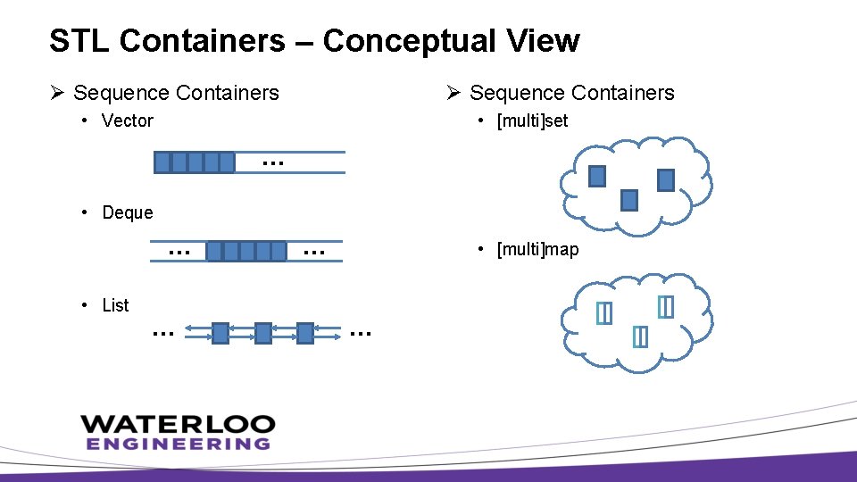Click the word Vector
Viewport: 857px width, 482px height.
(x=128, y=120)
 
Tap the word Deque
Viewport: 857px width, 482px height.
(x=128, y=212)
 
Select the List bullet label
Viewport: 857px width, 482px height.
(x=115, y=305)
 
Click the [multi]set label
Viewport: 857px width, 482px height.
(x=532, y=120)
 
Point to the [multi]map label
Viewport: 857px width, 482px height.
(x=537, y=249)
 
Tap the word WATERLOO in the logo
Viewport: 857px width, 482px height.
(x=178, y=424)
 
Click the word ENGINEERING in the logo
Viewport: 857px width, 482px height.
(x=178, y=443)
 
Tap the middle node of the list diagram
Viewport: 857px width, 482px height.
(x=262, y=333)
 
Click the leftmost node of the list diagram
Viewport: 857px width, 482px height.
(x=220, y=333)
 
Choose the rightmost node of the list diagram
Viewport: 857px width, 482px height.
(x=305, y=333)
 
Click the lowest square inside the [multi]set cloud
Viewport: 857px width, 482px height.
(x=629, y=200)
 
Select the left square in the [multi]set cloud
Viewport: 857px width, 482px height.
(x=597, y=177)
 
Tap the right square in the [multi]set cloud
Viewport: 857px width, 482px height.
(x=665, y=180)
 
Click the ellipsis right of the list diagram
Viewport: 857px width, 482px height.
(x=361, y=333)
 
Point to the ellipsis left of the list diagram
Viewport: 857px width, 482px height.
(x=162, y=333)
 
